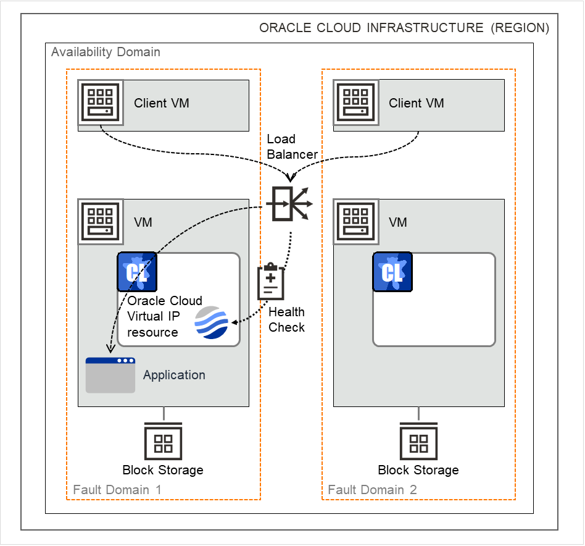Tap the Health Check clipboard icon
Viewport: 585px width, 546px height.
[x=271, y=282]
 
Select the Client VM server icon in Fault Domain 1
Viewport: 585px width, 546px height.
[x=101, y=102]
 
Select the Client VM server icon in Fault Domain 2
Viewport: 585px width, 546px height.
[x=356, y=102]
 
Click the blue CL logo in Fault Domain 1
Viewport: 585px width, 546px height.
[x=136, y=272]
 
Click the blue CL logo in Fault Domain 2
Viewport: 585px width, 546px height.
[x=392, y=272]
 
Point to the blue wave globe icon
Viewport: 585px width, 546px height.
[x=211, y=322]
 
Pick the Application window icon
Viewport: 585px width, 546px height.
[x=110, y=375]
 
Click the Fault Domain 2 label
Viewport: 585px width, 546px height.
[x=372, y=490]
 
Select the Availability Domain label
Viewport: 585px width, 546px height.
[x=106, y=52]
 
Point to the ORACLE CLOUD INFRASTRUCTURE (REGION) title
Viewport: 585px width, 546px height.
[x=404, y=28]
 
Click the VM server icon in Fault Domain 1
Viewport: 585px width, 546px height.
[x=101, y=221]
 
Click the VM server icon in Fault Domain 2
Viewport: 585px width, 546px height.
[x=356, y=221]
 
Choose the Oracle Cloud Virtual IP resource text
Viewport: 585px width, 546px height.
[x=160, y=316]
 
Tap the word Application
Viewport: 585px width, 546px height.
[x=174, y=375]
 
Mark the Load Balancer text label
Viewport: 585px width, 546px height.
[x=292, y=147]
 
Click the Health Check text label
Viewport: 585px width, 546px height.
[x=287, y=320]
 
